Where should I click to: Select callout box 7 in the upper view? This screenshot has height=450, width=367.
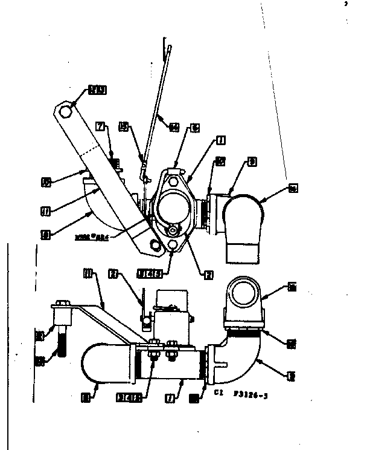101,126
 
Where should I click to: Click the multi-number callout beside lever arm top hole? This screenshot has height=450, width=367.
97,91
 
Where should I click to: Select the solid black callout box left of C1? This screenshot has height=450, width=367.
194,398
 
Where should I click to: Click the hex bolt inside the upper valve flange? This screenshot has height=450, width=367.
175,231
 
